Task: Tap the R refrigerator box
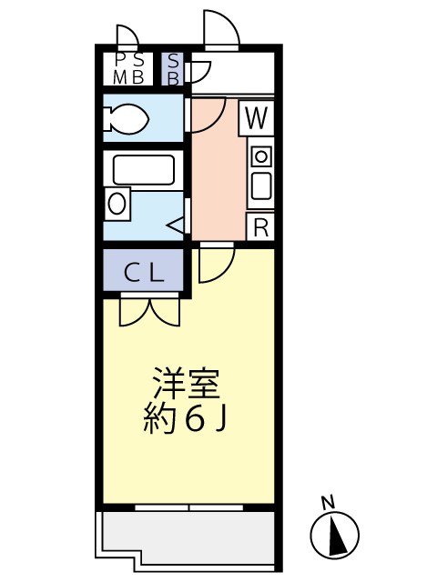pos(261,227)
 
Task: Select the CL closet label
pos(144,271)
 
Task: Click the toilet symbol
pos(128,119)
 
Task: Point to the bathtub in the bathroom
pos(143,170)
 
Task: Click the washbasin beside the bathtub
pos(118,202)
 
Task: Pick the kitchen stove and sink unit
pos(260,173)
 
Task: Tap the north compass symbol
pos(334,534)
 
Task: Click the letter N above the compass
pos(328,501)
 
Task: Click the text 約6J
pos(186,418)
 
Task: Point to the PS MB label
pos(127,69)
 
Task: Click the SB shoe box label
pos(173,69)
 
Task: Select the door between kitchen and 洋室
pos(217,263)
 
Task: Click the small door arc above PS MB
pos(127,36)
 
